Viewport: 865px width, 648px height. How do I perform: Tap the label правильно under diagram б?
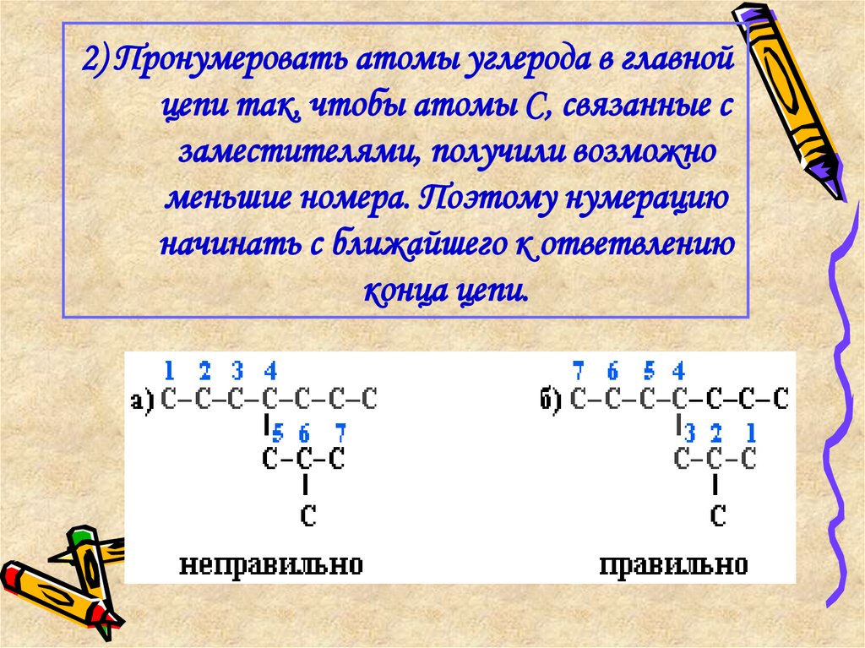(x=673, y=564)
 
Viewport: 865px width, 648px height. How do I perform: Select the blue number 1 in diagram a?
(x=169, y=370)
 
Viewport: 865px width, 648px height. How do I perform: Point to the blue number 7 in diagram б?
(x=579, y=370)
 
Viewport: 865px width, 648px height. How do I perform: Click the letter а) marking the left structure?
(x=143, y=401)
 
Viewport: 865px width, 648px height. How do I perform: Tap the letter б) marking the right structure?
(x=552, y=400)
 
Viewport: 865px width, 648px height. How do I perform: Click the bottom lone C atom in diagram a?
(x=308, y=517)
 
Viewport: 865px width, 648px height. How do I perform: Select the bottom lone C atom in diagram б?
(x=717, y=517)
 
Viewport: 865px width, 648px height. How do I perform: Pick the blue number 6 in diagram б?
(x=613, y=370)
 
